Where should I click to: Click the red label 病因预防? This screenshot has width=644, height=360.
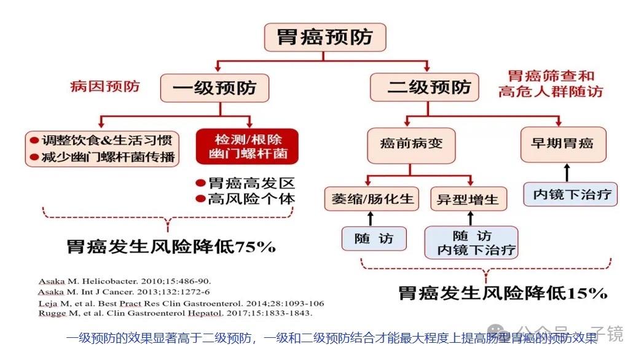tap(105, 85)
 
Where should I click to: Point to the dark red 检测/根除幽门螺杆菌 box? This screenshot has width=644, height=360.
tap(247, 146)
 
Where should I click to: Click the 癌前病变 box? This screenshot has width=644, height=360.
tap(412, 144)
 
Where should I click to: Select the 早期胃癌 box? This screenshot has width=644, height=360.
tap(562, 144)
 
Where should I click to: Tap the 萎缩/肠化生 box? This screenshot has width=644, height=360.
tap(373, 199)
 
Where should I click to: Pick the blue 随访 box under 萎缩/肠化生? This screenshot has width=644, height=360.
tap(374, 238)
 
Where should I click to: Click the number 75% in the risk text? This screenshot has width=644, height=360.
tap(255, 248)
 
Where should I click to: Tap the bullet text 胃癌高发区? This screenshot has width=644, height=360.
tap(251, 183)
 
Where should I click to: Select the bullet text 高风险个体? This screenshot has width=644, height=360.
tap(251, 198)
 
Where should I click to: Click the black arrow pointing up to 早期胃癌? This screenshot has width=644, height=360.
tap(567, 173)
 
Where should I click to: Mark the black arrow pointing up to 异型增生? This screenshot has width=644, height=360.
tap(471, 217)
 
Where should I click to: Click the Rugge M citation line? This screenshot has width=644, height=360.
tap(175, 313)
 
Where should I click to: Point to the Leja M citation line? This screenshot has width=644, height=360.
tap(181, 302)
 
